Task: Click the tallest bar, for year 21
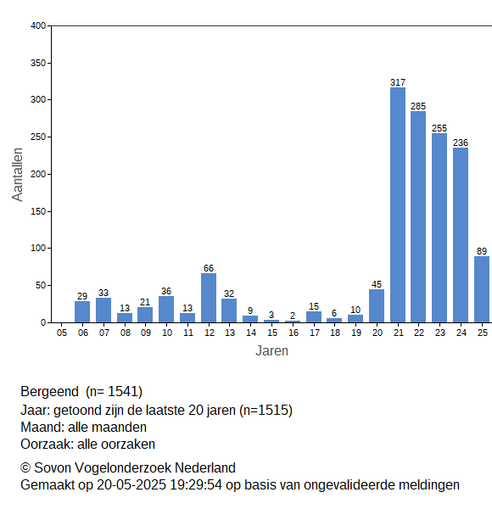point(398,204)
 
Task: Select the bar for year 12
point(209,298)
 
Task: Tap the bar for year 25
point(482,289)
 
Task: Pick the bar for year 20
point(377,305)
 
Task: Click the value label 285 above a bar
point(418,106)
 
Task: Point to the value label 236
point(461,143)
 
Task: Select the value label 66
point(209,268)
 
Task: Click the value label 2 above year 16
point(293,316)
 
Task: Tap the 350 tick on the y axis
point(38,63)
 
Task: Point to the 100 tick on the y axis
point(38,248)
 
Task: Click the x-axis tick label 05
point(62,333)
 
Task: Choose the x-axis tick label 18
point(335,333)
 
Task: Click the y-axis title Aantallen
point(17,175)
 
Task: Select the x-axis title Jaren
point(271,351)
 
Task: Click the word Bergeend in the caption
point(49,392)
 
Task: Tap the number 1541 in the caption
point(123,391)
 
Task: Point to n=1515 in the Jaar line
point(266,411)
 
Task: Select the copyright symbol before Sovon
point(25,468)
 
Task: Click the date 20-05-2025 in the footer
point(131,485)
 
